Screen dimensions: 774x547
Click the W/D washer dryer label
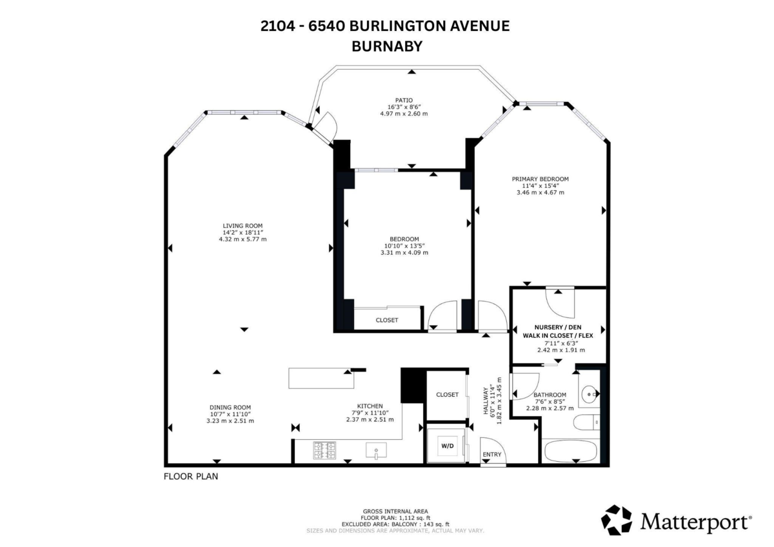point(448,446)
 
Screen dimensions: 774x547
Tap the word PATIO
point(404,100)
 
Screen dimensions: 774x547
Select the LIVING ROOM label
point(243,226)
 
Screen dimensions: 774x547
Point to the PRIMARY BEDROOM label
point(540,179)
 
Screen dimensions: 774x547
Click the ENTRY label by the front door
point(491,454)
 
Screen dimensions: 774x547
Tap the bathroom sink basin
point(588,393)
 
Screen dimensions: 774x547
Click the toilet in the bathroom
point(586,423)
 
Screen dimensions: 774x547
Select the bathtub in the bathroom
point(570,452)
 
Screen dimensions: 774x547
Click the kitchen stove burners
point(324,451)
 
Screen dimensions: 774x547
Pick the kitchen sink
point(376,450)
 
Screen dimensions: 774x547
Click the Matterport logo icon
point(617,520)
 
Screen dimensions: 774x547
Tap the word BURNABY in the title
point(387,46)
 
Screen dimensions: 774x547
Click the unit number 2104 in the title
point(278,26)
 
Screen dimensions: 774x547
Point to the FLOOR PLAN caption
point(191,477)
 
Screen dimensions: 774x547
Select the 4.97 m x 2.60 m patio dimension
point(404,114)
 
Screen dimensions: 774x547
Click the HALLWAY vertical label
point(486,401)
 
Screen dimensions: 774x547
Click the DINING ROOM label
point(230,408)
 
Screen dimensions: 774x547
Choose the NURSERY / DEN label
point(558,327)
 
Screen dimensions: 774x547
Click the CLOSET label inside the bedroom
point(387,321)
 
